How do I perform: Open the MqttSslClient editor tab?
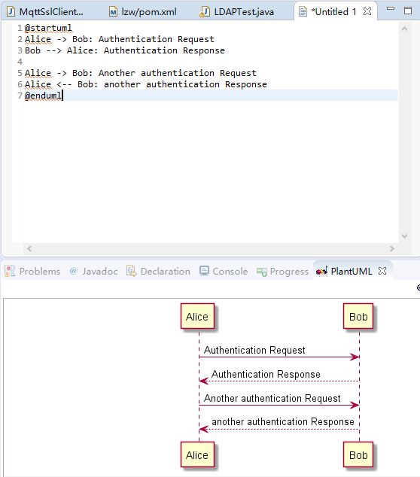[45, 11]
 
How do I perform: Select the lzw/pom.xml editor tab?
[143, 11]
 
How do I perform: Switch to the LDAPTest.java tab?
[237, 11]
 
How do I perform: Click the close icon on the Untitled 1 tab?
[367, 11]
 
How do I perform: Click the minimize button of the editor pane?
[391, 8]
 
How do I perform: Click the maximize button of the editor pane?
[408, 11]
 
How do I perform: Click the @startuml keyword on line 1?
[48, 28]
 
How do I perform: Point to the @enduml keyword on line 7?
[43, 96]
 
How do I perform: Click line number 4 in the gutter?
[20, 62]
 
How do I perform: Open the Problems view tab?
[32, 271]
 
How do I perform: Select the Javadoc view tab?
[94, 271]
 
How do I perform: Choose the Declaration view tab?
[158, 271]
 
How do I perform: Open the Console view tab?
[224, 271]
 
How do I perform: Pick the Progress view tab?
[282, 272]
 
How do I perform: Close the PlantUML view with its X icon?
[382, 271]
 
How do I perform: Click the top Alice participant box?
[197, 317]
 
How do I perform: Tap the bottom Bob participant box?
[358, 454]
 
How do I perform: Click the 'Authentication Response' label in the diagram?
[266, 374]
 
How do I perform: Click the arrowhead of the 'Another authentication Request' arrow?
[355, 406]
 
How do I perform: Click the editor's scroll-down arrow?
[404, 236]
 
